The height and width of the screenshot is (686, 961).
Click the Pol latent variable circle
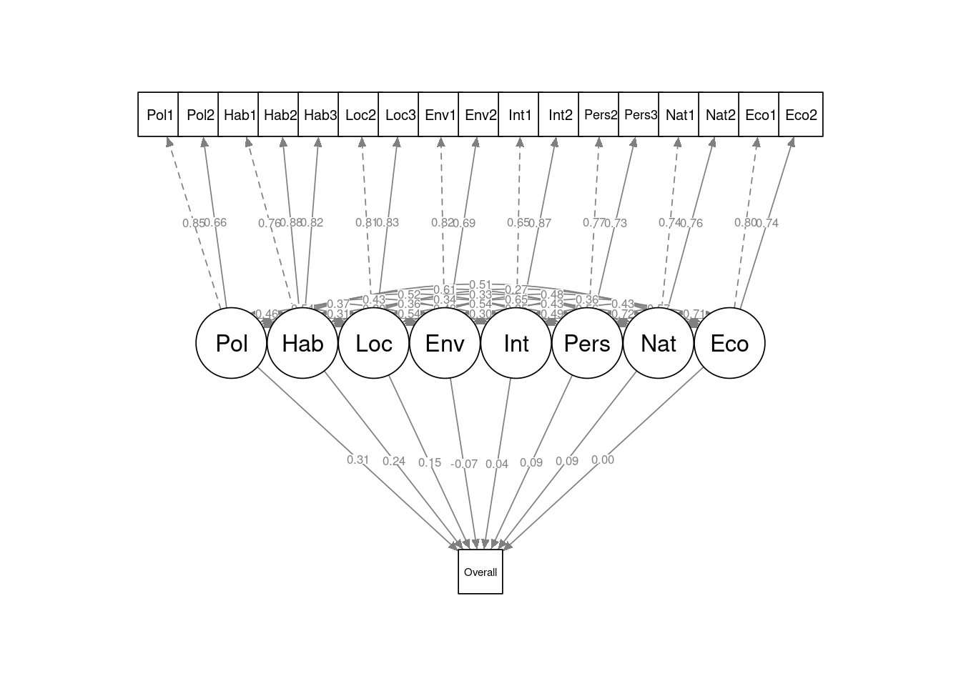click(231, 343)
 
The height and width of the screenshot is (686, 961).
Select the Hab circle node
click(302, 343)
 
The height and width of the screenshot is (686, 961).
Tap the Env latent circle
click(445, 343)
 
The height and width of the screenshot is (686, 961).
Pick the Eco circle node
click(729, 343)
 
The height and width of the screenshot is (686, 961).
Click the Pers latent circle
click(587, 343)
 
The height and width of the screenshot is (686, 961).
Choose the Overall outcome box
click(480, 572)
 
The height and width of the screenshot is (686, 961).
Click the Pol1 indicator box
click(159, 114)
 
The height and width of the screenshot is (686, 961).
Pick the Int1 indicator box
click(519, 114)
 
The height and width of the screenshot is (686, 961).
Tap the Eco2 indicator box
click(800, 114)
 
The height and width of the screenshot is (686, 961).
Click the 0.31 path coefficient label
click(358, 459)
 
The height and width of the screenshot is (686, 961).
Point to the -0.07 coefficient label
click(464, 464)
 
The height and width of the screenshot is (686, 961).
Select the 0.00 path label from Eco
click(603, 459)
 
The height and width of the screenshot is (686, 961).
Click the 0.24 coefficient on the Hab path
click(394, 461)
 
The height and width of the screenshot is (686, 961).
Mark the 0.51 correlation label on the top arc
click(480, 285)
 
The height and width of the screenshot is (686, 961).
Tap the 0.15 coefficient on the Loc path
click(430, 462)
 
